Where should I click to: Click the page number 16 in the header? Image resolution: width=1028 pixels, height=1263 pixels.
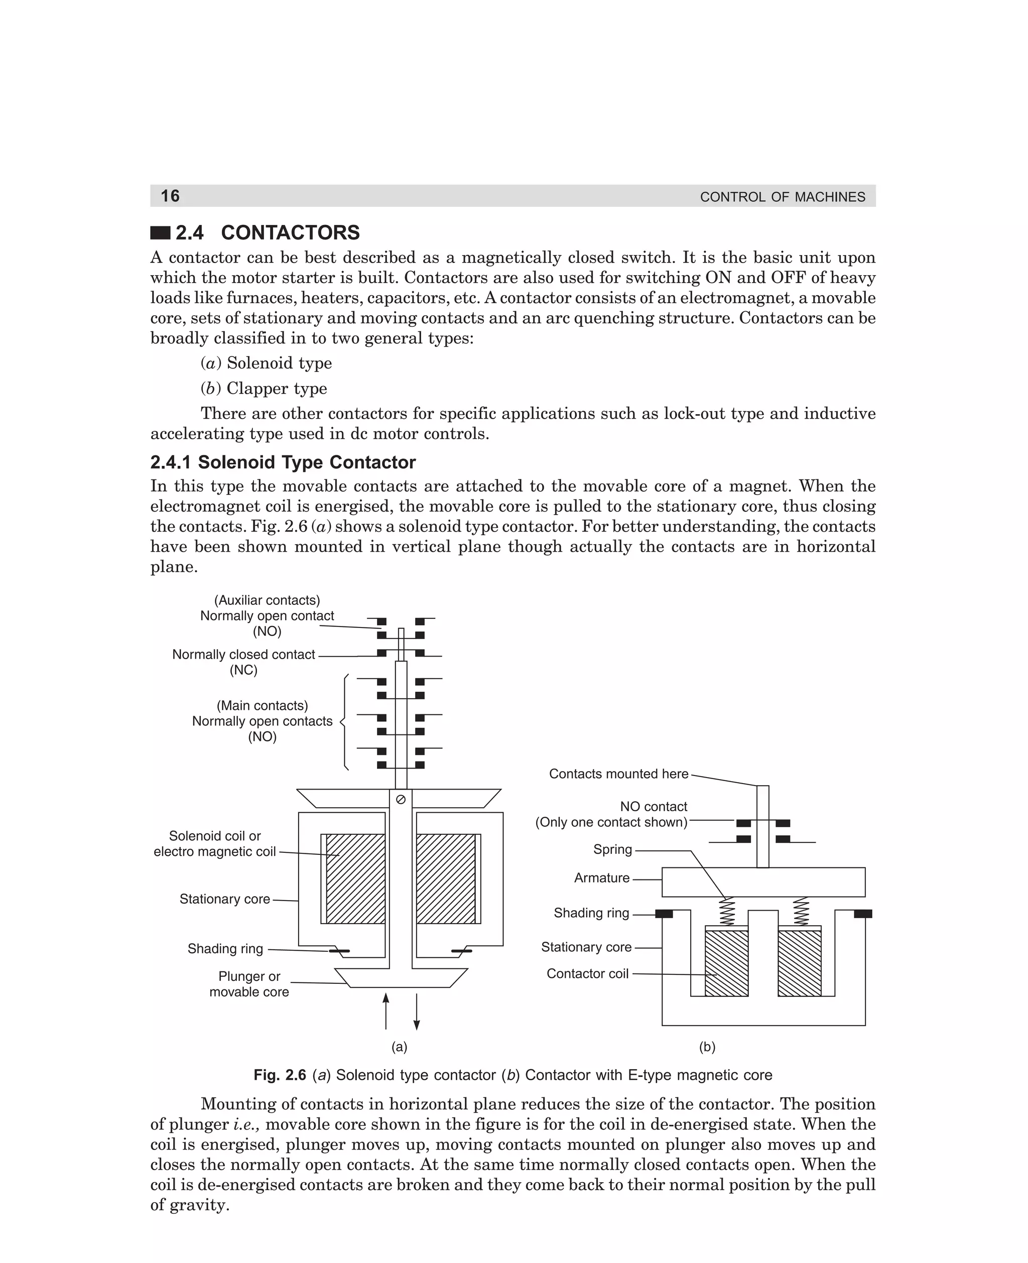(x=170, y=196)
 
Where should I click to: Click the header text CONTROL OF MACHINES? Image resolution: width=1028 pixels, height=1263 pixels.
(x=782, y=197)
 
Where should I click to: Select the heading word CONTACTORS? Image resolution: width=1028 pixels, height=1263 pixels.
(x=290, y=233)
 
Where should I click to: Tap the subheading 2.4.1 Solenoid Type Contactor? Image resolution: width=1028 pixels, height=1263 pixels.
(x=283, y=462)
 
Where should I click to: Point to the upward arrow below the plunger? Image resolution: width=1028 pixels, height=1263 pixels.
(x=386, y=1012)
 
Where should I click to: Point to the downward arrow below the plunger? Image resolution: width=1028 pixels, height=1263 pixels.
(x=417, y=1012)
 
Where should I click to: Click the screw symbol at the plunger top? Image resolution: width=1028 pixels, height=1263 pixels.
(x=400, y=799)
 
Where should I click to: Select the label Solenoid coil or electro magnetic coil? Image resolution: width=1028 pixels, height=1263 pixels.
(x=214, y=844)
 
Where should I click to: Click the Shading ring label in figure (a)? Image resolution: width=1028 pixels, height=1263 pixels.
(x=225, y=949)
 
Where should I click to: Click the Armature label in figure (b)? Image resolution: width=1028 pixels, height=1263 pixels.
(x=602, y=878)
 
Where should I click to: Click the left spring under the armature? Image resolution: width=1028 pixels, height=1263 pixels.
(x=727, y=912)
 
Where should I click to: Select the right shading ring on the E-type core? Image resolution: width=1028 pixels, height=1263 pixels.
(x=863, y=914)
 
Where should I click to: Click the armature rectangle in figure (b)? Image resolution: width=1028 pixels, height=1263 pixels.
(x=763, y=882)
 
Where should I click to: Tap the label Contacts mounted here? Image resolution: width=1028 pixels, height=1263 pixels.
(x=618, y=774)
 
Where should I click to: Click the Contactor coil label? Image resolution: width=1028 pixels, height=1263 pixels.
(x=587, y=973)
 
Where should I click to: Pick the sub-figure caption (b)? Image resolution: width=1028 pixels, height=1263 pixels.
(x=707, y=1046)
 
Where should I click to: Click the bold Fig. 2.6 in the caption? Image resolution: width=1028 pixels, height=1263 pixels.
(x=280, y=1075)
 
